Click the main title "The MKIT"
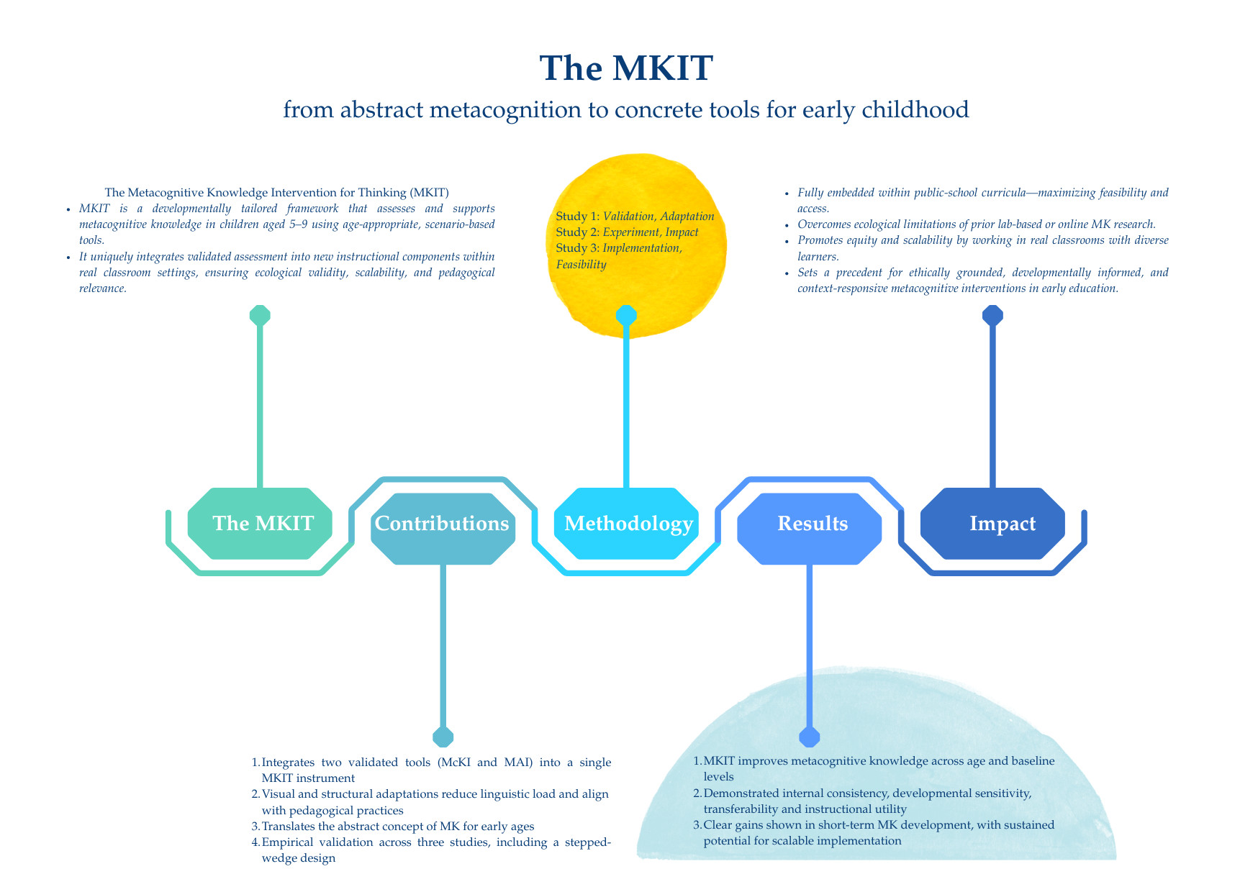point(626,68)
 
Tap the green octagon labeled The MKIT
point(260,524)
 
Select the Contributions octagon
point(443,524)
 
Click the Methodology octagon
point(626,524)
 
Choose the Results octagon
point(810,524)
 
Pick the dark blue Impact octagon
point(992,524)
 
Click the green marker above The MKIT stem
point(260,315)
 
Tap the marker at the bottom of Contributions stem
point(443,737)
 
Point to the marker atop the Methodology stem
point(626,315)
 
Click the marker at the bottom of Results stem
point(810,737)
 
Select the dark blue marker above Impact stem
point(992,315)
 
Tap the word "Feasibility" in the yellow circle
point(581,264)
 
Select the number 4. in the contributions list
point(255,842)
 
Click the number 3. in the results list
point(697,825)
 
